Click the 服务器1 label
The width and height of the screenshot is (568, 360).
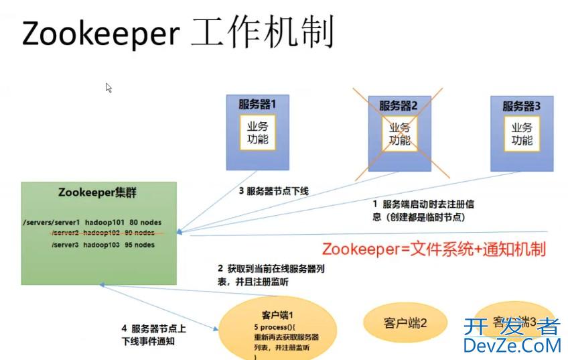coord(257,105)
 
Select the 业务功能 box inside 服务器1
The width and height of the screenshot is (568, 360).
coord(257,133)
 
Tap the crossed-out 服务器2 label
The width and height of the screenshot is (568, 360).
coord(399,105)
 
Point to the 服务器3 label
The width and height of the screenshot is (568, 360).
coord(521,106)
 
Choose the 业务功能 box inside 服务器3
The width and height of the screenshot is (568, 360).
coord(522,133)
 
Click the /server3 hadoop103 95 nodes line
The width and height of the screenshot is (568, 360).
coord(102,245)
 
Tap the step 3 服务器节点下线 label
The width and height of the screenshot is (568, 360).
coord(274,191)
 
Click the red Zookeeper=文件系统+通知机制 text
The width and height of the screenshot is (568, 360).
coord(433,249)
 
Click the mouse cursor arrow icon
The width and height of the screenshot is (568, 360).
coord(109,88)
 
